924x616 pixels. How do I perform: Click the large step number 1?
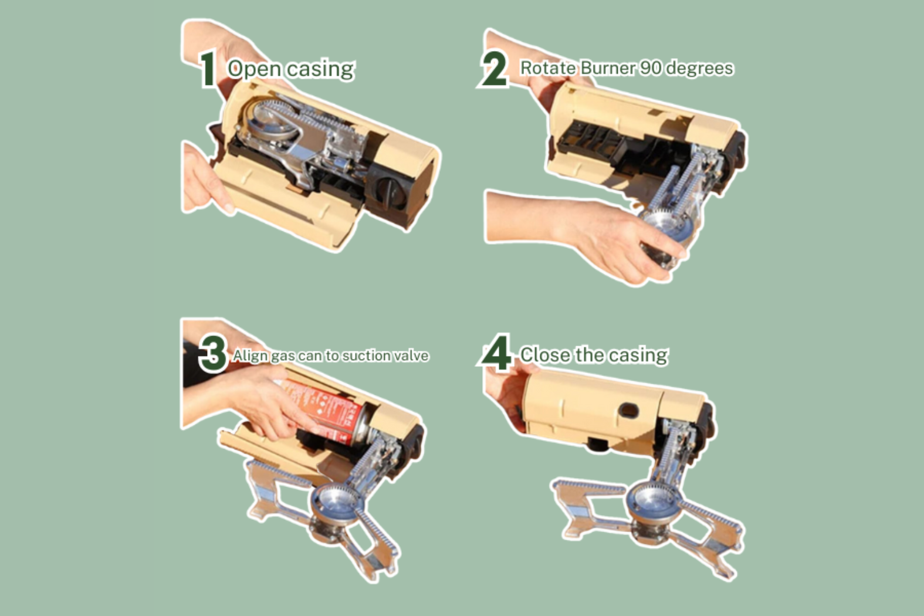(x=208, y=69)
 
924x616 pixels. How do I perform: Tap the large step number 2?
(x=493, y=69)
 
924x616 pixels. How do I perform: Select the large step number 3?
(x=212, y=354)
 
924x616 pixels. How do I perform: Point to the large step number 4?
(x=497, y=353)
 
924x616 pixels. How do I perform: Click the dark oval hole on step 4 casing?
(x=629, y=410)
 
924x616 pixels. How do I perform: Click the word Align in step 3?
(x=250, y=356)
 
